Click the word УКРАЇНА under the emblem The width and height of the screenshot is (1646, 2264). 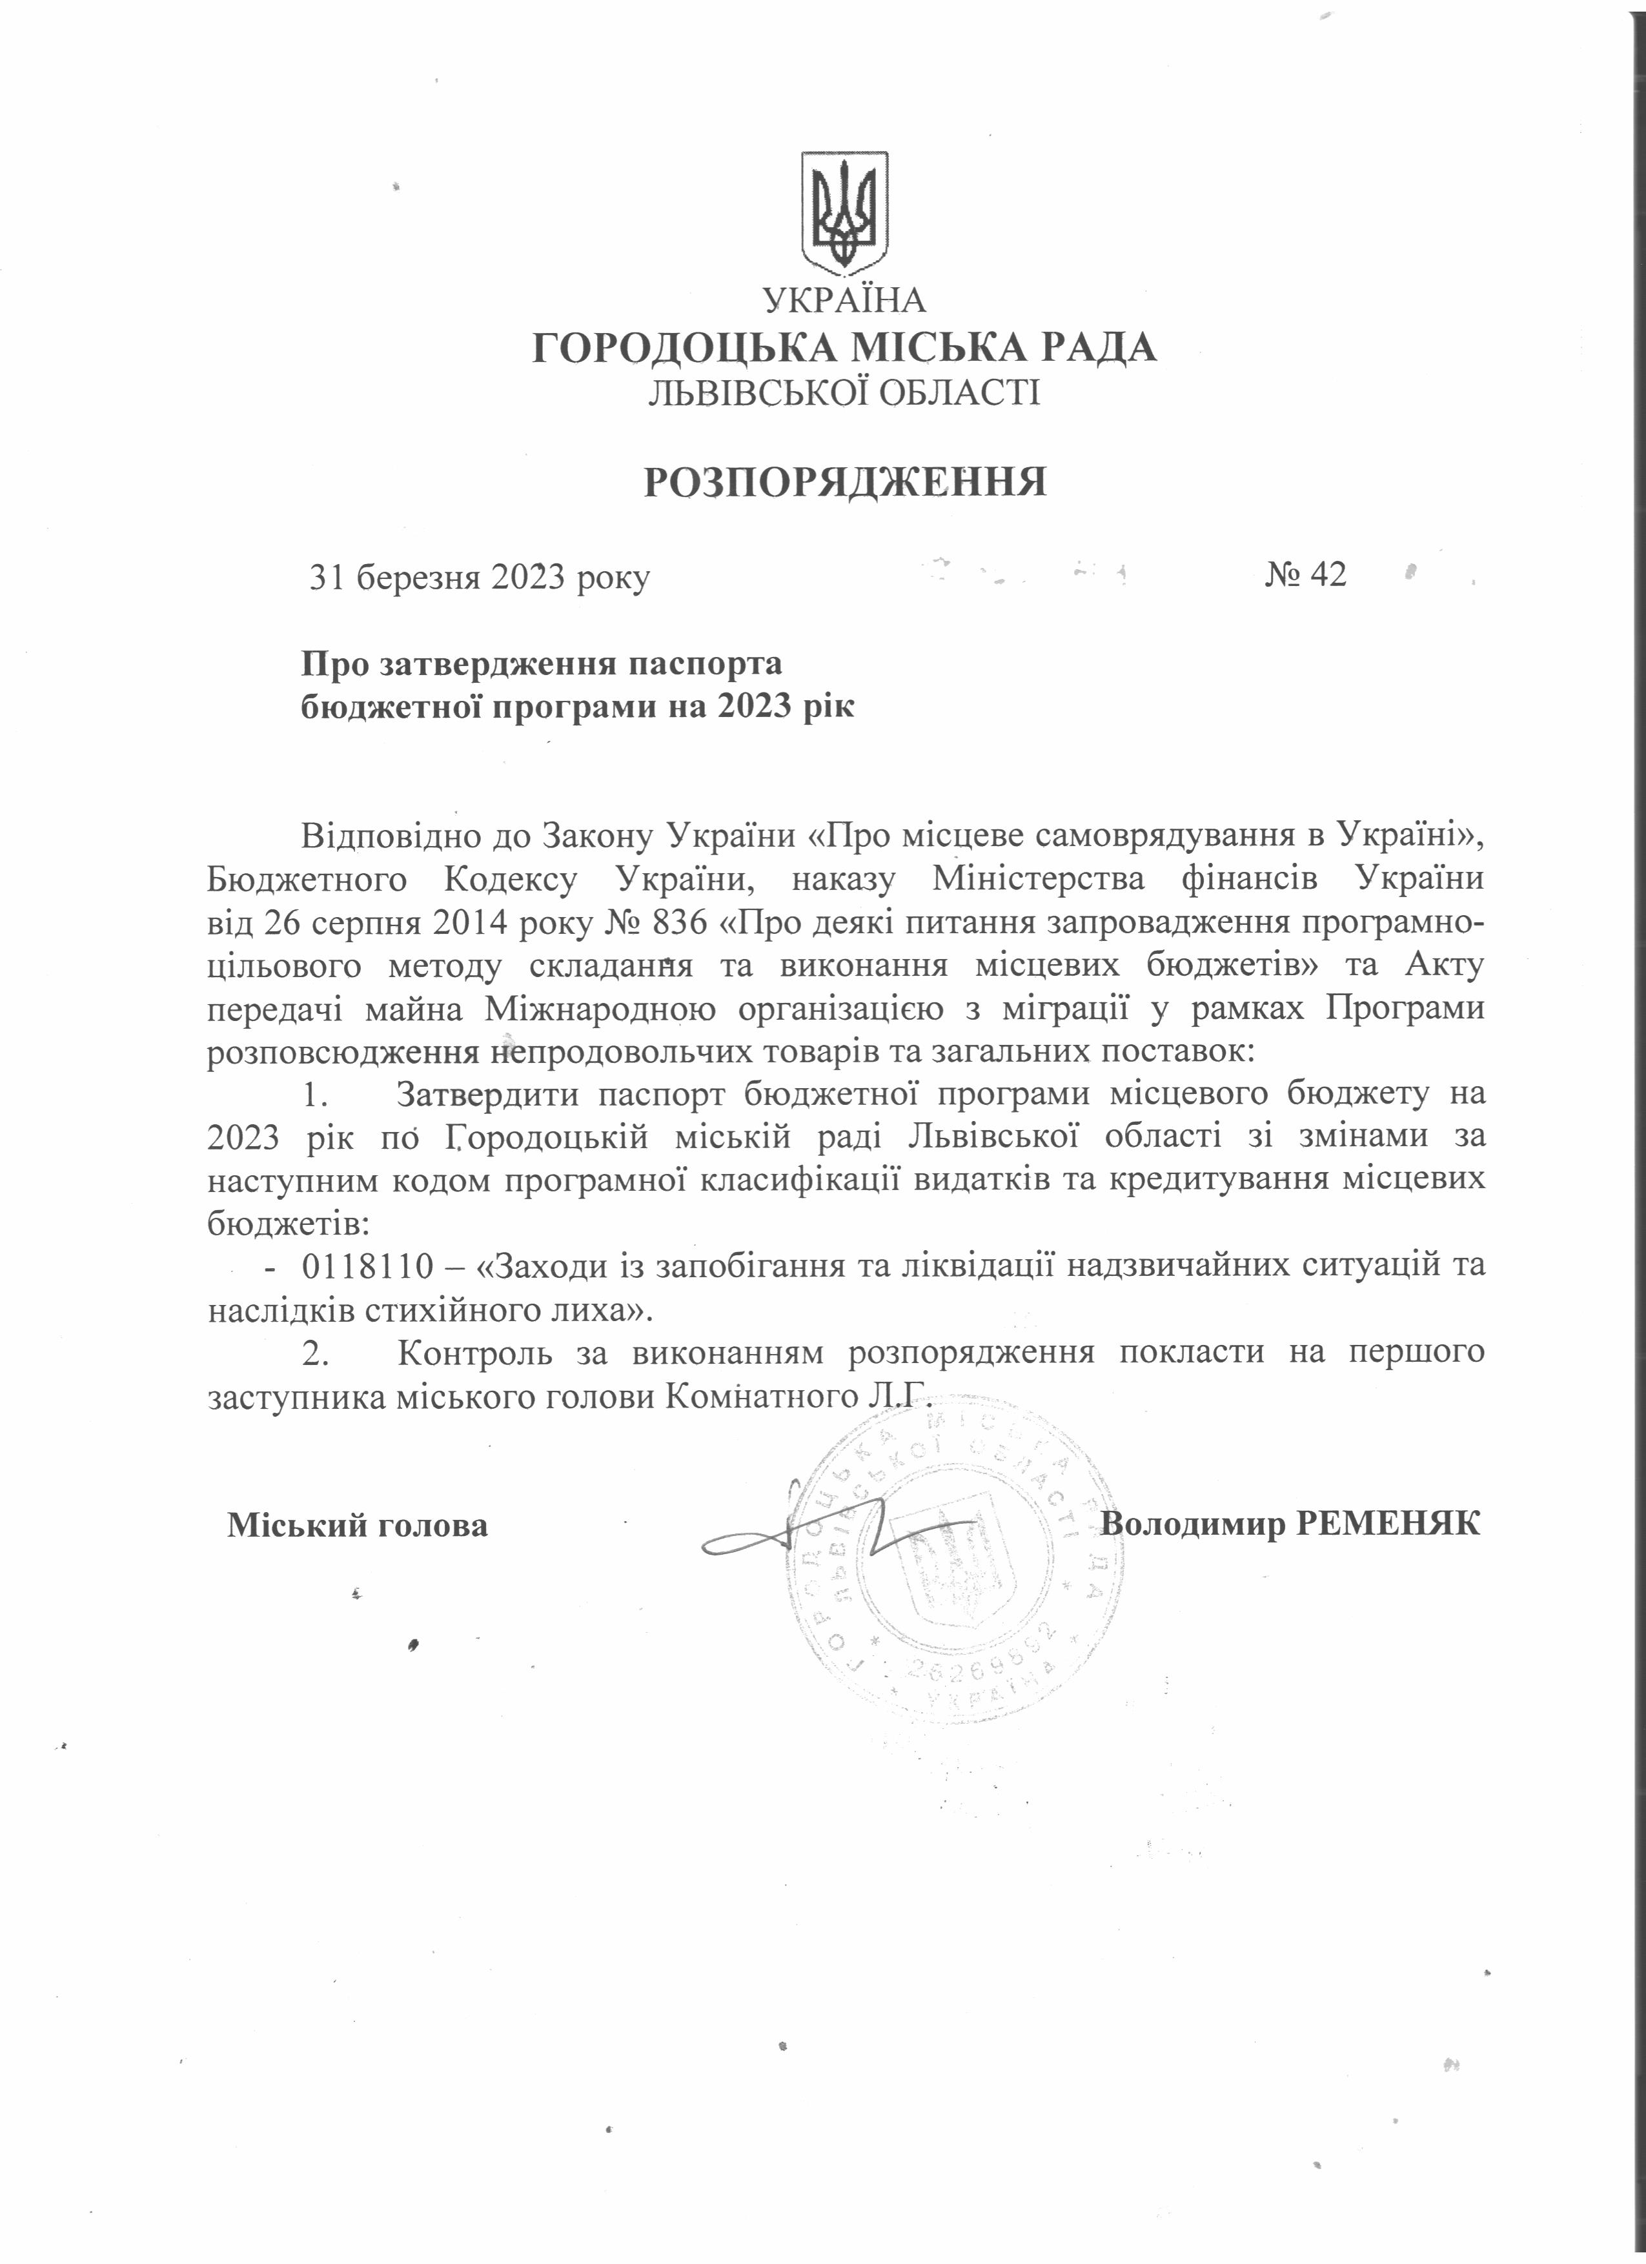(x=844, y=299)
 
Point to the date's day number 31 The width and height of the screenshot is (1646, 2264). (x=327, y=577)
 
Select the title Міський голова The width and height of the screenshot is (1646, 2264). (x=358, y=1525)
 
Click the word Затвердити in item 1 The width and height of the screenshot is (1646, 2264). (x=486, y=1094)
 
